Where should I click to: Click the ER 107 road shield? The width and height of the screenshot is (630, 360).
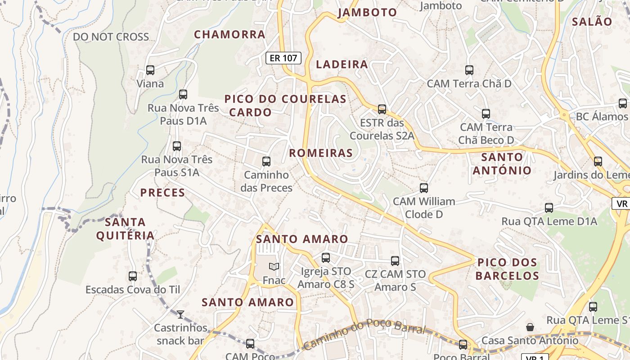pyautogui.click(x=283, y=58)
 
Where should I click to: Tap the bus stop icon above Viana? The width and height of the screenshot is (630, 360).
pyautogui.click(x=150, y=70)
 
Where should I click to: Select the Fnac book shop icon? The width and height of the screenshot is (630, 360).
pyautogui.click(x=274, y=267)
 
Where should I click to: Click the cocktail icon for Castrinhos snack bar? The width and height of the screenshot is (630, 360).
pyautogui.click(x=180, y=314)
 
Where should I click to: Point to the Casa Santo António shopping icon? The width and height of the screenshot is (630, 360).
pyautogui.click(x=530, y=327)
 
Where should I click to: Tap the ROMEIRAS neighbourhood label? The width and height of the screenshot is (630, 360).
pyautogui.click(x=321, y=153)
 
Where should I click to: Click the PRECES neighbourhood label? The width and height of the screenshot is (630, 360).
pyautogui.click(x=162, y=193)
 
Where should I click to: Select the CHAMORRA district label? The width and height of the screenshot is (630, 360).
pyautogui.click(x=229, y=34)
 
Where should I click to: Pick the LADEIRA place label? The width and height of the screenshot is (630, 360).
pyautogui.click(x=342, y=64)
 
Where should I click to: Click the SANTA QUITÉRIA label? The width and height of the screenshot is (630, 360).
pyautogui.click(x=125, y=229)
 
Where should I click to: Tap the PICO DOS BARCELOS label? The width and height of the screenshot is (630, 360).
pyautogui.click(x=507, y=269)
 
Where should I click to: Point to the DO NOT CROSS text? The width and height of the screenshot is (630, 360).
pyautogui.click(x=111, y=37)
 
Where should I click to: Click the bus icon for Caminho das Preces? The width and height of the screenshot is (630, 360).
pyautogui.click(x=266, y=161)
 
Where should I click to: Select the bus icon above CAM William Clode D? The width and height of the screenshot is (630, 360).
pyautogui.click(x=424, y=188)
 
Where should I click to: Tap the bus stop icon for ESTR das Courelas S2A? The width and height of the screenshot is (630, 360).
pyautogui.click(x=382, y=109)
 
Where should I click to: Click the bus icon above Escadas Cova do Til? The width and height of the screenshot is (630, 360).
pyautogui.click(x=133, y=276)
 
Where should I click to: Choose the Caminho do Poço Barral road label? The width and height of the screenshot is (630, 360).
pyautogui.click(x=364, y=333)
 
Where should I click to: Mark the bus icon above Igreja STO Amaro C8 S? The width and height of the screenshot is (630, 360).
pyautogui.click(x=326, y=258)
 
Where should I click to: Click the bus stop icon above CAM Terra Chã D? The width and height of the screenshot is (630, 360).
pyautogui.click(x=469, y=70)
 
